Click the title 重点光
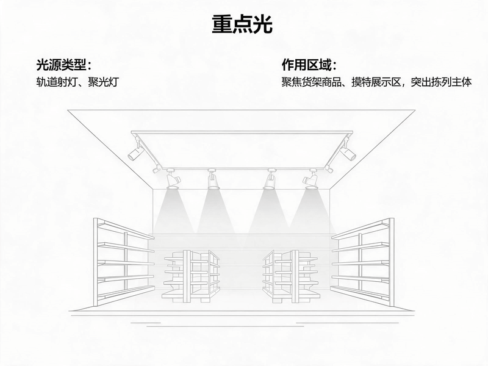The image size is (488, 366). pos(242,24)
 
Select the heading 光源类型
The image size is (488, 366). pos(61,65)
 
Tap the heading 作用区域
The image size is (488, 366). pos(306,65)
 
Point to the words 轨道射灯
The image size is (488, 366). pos(56,82)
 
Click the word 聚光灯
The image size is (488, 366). pos(103,82)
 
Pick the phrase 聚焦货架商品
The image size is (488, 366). pos(312,82)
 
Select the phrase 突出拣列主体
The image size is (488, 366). pos(441,82)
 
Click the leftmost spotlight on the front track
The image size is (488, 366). pos(173,179)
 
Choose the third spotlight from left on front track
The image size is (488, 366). pos(270,179)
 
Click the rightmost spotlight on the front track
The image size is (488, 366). pos(311,179)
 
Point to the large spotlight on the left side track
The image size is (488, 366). pos(135,151)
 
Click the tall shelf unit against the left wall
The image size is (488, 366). pos(124,263)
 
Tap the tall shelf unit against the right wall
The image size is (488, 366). pos(363,263)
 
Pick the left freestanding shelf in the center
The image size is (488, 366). pos(191,276)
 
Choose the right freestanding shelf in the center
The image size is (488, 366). pos(291,276)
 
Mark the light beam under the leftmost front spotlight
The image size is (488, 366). pos(174,212)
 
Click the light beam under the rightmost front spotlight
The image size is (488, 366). pos(311,212)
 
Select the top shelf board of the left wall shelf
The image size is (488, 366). pos(126,229)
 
